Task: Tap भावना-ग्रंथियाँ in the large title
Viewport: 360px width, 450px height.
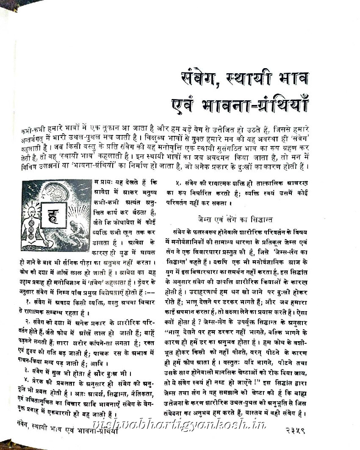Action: tap(260, 105)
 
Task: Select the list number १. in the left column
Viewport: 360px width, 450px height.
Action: tap(27, 301)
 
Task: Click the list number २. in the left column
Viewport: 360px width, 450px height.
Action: tap(27, 321)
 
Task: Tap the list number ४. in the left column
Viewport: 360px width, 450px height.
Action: tap(26, 380)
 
